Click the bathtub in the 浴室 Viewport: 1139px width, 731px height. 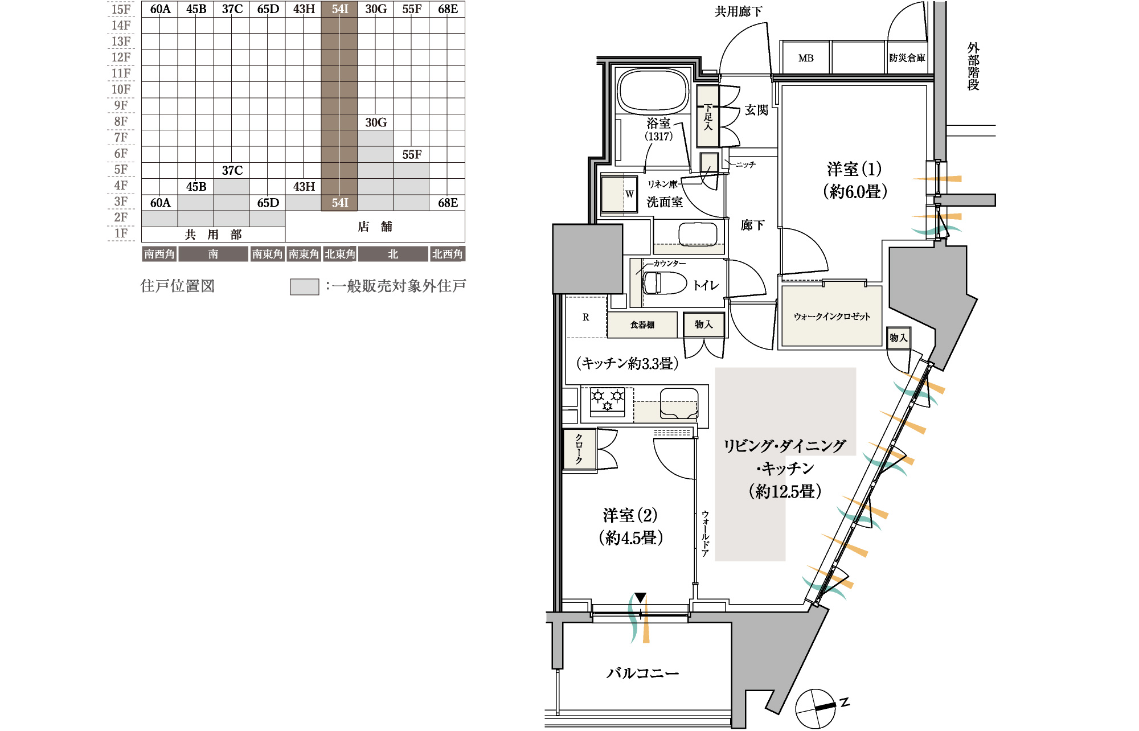tap(653, 91)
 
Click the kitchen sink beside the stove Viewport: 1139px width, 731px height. tap(679, 403)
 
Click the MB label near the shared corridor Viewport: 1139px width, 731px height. tap(806, 58)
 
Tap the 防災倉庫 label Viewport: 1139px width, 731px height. tap(907, 58)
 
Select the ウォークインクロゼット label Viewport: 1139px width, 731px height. tap(831, 317)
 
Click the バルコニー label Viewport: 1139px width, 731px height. tap(642, 673)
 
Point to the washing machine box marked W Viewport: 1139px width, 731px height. tap(618, 194)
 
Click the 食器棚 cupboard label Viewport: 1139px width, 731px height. tap(642, 325)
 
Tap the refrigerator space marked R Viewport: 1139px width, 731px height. tap(586, 317)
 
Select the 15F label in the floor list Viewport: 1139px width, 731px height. tap(121, 9)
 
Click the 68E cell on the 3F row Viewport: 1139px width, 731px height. tap(448, 203)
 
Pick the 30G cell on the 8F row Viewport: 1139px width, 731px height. tap(376, 122)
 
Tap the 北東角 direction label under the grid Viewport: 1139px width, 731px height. tap(340, 254)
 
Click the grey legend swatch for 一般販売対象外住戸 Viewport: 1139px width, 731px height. tap(305, 286)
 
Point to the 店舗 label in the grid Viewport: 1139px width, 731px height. tap(375, 227)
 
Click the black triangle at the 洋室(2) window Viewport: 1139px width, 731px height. tap(641, 598)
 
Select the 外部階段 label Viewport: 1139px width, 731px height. tap(973, 66)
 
